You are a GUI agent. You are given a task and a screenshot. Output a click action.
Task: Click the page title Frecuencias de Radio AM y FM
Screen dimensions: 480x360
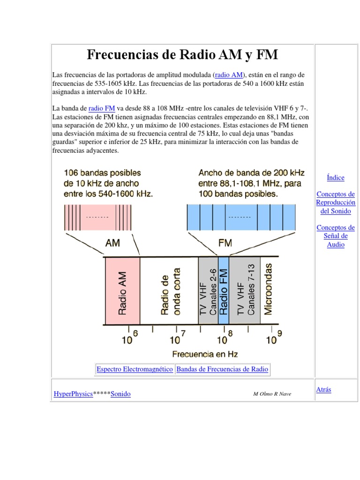(x=182, y=55)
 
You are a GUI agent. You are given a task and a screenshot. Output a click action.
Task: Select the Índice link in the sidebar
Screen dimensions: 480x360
(x=336, y=178)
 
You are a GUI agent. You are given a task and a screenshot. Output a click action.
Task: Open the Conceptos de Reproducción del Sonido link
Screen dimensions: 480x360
(x=336, y=202)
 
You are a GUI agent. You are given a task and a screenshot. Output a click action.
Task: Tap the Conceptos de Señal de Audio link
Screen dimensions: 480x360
(x=336, y=236)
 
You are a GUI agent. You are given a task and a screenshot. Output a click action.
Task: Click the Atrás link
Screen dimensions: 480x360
(x=324, y=390)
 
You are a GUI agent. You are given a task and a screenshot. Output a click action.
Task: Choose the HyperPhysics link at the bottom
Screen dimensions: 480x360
(x=73, y=394)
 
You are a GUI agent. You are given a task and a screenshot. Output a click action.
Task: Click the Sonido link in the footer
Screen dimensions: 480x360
(x=120, y=394)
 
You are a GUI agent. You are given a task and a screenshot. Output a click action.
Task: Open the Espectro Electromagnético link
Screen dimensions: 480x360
(x=135, y=369)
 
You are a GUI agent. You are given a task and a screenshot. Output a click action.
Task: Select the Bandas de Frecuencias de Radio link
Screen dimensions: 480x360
(x=222, y=369)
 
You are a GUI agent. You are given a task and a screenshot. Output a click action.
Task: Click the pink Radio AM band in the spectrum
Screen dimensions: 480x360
(x=122, y=291)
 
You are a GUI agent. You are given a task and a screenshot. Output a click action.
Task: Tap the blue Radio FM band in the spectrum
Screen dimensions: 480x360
(x=224, y=291)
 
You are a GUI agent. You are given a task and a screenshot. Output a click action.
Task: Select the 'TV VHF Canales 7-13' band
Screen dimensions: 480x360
(x=246, y=291)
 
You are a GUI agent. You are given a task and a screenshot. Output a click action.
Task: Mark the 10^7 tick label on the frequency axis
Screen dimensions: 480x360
(x=177, y=338)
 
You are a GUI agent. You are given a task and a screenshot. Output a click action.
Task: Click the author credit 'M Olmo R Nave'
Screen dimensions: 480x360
(x=272, y=394)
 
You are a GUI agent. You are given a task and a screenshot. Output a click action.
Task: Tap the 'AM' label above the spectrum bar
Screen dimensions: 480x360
(x=112, y=243)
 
